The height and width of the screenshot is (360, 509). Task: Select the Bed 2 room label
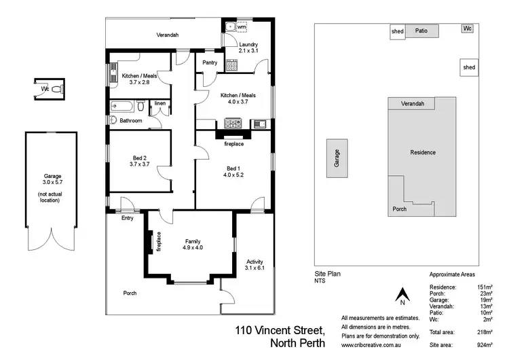pyautogui.click(x=139, y=160)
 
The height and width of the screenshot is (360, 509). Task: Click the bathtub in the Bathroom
pyautogui.click(x=124, y=107)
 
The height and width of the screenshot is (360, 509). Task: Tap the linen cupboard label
pyautogui.click(x=159, y=103)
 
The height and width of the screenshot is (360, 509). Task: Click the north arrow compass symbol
pyautogui.click(x=401, y=295)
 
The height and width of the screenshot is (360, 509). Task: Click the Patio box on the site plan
pyautogui.click(x=421, y=31)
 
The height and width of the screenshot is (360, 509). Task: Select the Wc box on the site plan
pyautogui.click(x=467, y=29)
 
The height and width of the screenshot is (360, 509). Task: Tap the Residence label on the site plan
pyautogui.click(x=423, y=152)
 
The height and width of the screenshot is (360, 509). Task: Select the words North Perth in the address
pyautogui.click(x=297, y=343)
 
